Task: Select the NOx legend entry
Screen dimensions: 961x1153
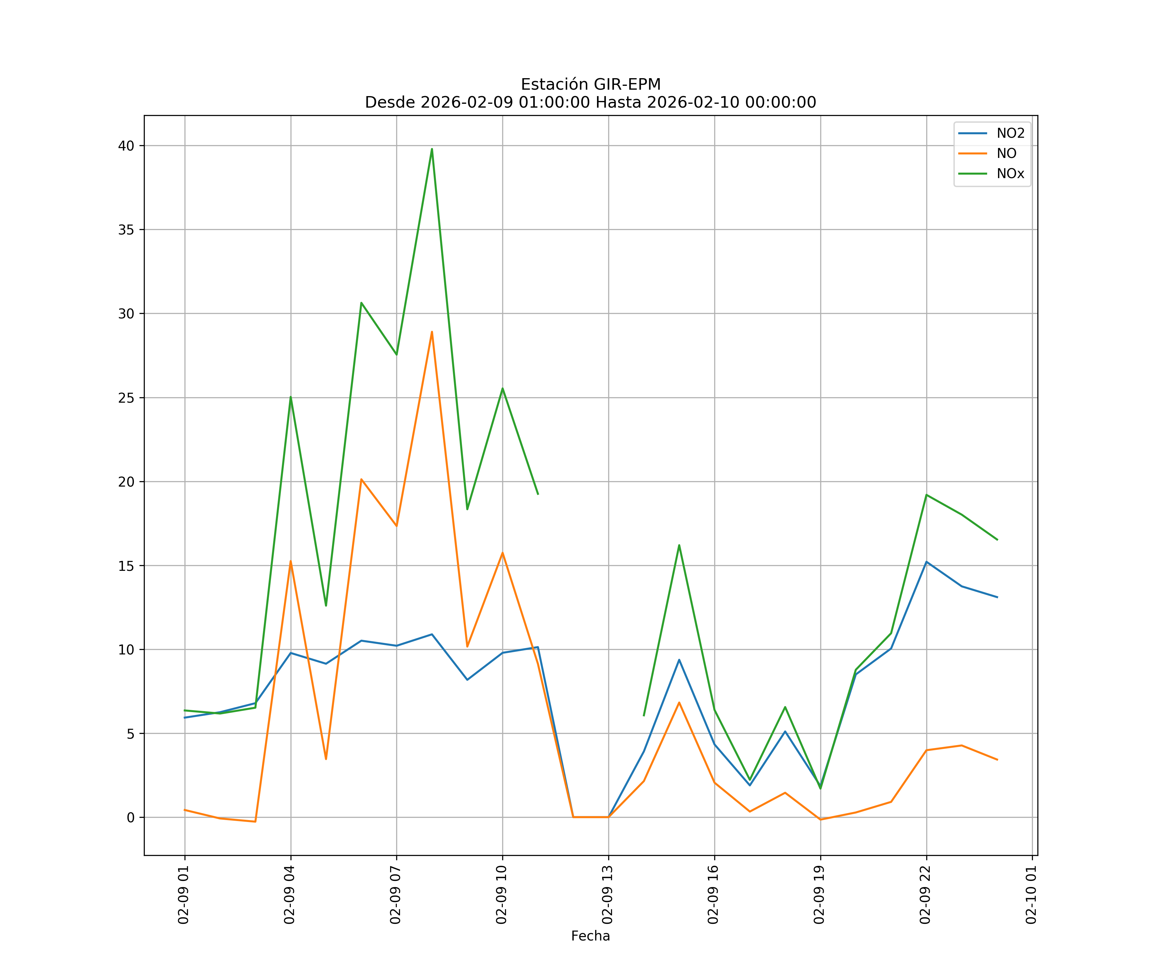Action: click(x=1010, y=174)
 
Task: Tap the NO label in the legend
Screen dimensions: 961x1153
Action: click(x=1006, y=153)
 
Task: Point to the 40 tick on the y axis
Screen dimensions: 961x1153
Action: click(x=126, y=145)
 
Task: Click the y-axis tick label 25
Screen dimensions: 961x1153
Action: click(x=126, y=398)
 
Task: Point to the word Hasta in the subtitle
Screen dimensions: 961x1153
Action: click(x=618, y=103)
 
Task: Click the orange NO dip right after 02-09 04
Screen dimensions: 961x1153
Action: click(x=326, y=759)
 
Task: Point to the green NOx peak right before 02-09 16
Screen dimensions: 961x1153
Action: click(x=679, y=545)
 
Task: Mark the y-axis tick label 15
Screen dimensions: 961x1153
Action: click(x=126, y=566)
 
